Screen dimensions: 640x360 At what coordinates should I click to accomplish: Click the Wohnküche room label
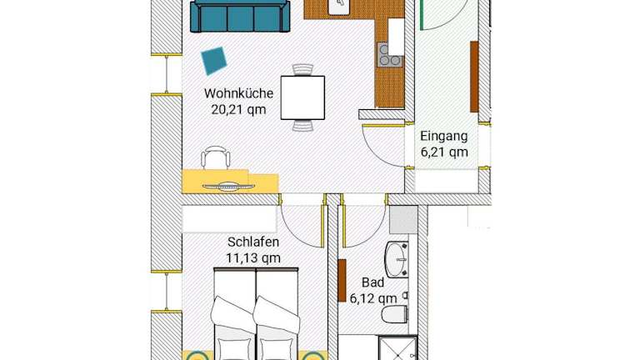coord(239,93)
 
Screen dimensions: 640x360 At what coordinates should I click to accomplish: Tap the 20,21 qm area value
coord(239,109)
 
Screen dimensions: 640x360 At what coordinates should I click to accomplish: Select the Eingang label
coord(444,136)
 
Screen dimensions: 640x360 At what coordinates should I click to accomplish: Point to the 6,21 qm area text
coord(444,152)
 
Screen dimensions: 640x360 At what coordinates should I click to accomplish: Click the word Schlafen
coord(253,242)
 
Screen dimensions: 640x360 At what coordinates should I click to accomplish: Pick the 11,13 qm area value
coord(253,258)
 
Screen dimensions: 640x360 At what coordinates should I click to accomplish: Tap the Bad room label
coord(372,282)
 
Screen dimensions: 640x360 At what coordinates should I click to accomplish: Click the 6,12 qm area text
coord(373,298)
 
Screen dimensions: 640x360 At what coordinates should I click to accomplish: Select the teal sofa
coord(240,16)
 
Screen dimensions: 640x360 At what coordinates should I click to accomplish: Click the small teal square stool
coord(214,61)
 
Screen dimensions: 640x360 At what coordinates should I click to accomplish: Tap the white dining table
coord(302,97)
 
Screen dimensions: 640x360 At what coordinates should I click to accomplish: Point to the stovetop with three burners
coord(389,55)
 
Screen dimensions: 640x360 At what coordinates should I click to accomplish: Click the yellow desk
coord(230,181)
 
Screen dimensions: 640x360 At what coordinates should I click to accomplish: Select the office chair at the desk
coord(216,157)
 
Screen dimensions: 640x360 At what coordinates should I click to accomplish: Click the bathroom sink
coord(397,260)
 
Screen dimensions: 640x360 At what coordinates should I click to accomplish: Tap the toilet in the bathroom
coord(395,314)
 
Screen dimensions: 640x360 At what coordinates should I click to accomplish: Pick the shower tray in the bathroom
coord(397,348)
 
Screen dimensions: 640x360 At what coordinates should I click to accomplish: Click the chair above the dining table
coord(302,70)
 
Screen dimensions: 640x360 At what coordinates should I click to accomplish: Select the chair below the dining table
coord(302,125)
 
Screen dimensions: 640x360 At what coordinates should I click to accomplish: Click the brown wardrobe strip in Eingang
coord(474,77)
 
